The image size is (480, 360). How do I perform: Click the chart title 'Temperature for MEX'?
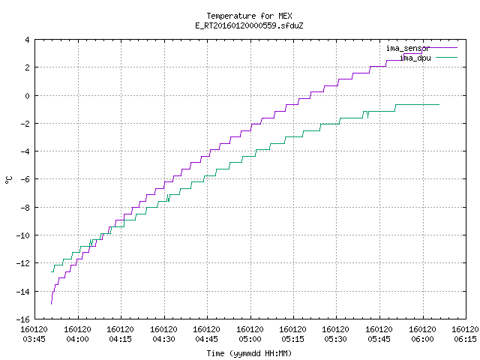[249, 16]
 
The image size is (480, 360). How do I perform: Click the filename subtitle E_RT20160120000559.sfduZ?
[249, 25]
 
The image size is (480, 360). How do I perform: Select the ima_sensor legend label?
[408, 48]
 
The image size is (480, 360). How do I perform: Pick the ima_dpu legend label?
[415, 58]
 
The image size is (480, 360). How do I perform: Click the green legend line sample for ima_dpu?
[446, 57]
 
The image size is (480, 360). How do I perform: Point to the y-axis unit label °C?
[8, 179]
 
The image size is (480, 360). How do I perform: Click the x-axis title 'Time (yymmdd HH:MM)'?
[249, 353]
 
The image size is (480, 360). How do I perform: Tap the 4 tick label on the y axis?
[27, 40]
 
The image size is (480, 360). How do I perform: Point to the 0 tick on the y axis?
[27, 96]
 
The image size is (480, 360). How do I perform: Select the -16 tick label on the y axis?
[23, 319]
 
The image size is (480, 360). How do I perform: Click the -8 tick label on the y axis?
[25, 208]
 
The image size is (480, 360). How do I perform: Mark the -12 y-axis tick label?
[23, 263]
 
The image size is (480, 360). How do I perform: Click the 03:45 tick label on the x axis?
[34, 339]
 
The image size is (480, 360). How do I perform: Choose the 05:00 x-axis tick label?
[250, 339]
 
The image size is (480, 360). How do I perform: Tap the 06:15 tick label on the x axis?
[465, 339]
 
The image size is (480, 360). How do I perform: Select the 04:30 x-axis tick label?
[163, 339]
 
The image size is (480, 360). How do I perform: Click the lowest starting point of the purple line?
[51, 304]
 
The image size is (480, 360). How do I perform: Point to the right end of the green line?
[439, 105]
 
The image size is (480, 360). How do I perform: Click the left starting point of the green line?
[51, 271]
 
